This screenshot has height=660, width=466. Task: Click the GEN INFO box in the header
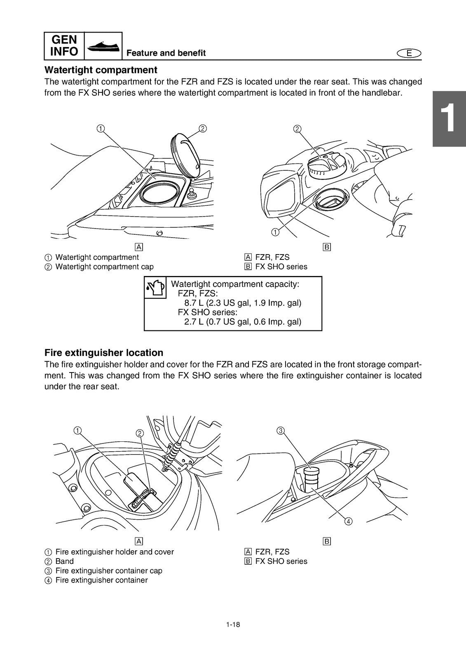64,45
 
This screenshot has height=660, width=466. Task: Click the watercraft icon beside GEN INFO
103,46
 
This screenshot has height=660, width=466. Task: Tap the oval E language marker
409,53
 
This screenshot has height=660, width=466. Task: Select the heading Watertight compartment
101,70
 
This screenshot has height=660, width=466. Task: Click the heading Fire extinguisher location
103,353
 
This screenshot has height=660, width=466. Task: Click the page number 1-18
233,624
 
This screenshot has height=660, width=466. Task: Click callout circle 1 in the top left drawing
100,128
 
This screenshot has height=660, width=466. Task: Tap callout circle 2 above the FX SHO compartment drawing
297,129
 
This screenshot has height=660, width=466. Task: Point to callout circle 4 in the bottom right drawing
348,521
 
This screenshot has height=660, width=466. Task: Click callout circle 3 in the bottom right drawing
281,431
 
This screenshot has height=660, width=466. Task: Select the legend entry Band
64,561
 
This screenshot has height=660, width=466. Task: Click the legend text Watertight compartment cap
104,267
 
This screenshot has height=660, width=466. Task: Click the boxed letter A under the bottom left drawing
139,541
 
